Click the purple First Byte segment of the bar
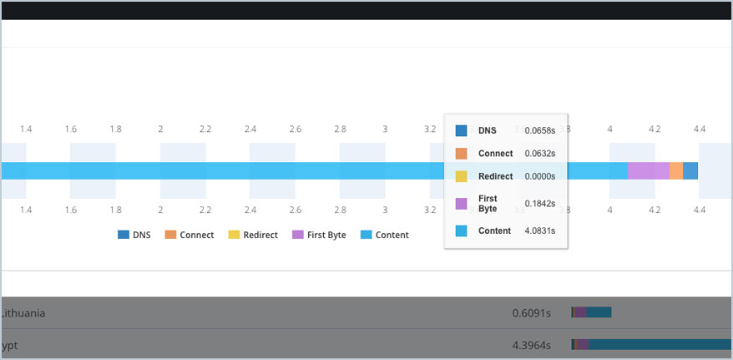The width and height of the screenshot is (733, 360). tap(648, 170)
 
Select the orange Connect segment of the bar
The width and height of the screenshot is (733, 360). tap(675, 170)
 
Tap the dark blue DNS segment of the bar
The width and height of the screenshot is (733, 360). tap(690, 170)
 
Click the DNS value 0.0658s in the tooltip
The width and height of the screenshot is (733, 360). tap(539, 131)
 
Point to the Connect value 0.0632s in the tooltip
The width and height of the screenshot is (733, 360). tap(539, 154)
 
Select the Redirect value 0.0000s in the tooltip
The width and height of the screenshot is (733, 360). tap(539, 177)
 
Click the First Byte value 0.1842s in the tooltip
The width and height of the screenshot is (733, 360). tap(539, 203)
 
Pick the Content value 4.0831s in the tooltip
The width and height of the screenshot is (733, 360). tap(539, 231)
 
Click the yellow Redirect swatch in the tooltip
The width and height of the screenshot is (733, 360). tap(461, 177)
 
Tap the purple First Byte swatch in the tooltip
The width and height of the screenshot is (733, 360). tap(461, 203)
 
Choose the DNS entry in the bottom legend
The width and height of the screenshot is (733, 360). tap(134, 236)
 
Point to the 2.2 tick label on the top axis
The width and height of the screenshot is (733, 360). tap(205, 129)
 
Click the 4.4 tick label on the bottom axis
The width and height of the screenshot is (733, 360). tap(700, 210)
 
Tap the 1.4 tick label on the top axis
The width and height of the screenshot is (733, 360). tap(26, 129)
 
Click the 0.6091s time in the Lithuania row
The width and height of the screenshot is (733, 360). tap(532, 313)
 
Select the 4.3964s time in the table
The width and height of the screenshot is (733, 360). tap(532, 344)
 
